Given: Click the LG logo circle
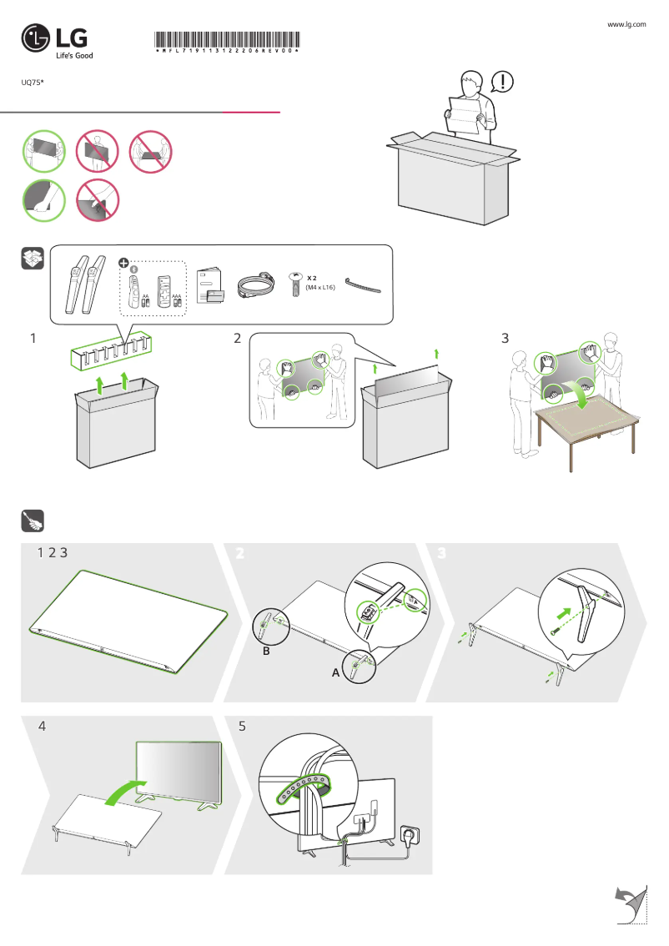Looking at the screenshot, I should point(36,38).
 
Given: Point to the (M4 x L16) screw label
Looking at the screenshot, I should point(320,287).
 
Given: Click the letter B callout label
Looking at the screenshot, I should point(266,652).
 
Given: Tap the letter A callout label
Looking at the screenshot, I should point(336,672).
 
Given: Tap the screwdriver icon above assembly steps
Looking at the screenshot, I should point(32,521).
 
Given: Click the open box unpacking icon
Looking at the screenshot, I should point(32,259).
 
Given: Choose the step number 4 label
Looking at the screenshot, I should point(42,726).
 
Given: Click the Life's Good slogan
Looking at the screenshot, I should point(74,56).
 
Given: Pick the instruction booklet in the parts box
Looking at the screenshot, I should point(211,286).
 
